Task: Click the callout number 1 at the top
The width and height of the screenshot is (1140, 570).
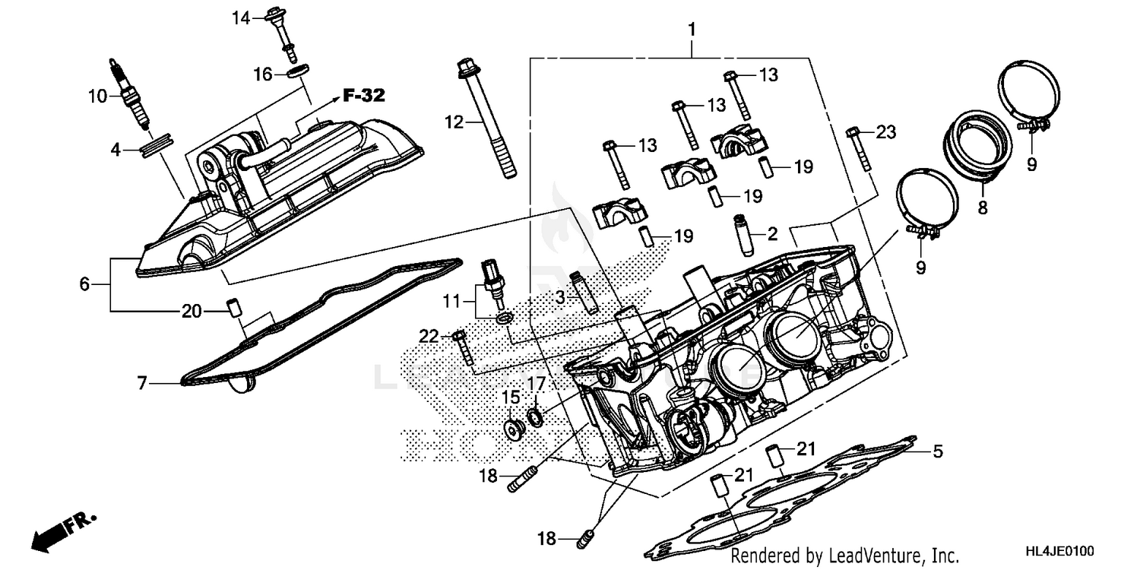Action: click(x=692, y=30)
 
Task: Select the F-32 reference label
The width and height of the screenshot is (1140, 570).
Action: click(x=363, y=96)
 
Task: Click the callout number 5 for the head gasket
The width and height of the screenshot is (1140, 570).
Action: click(x=938, y=452)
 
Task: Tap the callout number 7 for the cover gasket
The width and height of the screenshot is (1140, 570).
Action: click(x=141, y=384)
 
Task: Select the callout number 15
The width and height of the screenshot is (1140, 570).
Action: click(x=510, y=397)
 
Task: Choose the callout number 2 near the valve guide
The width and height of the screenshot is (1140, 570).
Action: click(x=772, y=234)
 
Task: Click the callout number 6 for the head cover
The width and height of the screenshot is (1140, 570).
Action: click(x=84, y=284)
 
